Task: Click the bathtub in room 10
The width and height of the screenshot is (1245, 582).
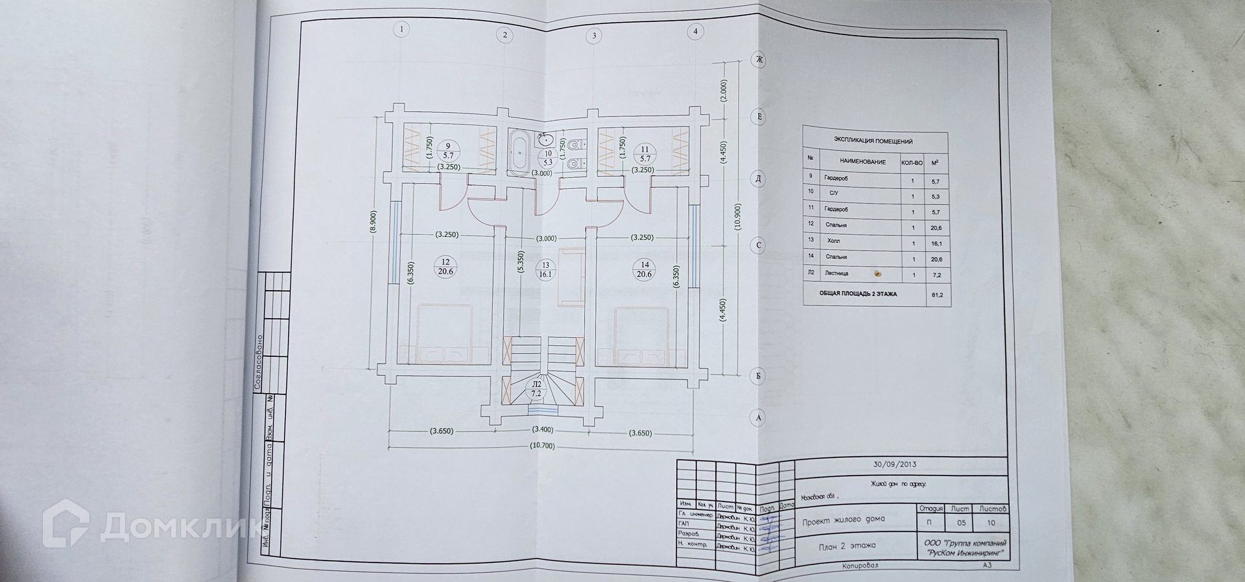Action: click(x=517, y=153)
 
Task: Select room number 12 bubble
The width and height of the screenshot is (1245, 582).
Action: click(x=445, y=267)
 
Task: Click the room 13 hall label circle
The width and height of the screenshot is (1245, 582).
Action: click(x=545, y=269)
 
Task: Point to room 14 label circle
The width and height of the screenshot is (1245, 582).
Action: click(x=644, y=269)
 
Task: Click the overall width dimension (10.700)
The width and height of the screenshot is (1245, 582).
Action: click(x=542, y=446)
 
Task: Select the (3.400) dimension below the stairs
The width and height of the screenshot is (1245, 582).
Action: click(x=542, y=430)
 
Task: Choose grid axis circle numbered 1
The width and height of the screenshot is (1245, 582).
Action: click(x=402, y=29)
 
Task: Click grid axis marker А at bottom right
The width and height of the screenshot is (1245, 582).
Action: click(x=759, y=417)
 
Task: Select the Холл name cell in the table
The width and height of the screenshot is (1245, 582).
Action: click(x=833, y=241)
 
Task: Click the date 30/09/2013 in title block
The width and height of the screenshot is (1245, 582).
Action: click(x=894, y=465)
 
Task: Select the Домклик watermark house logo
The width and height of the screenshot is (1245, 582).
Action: click(x=66, y=524)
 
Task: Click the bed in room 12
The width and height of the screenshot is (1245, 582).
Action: click(x=444, y=332)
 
